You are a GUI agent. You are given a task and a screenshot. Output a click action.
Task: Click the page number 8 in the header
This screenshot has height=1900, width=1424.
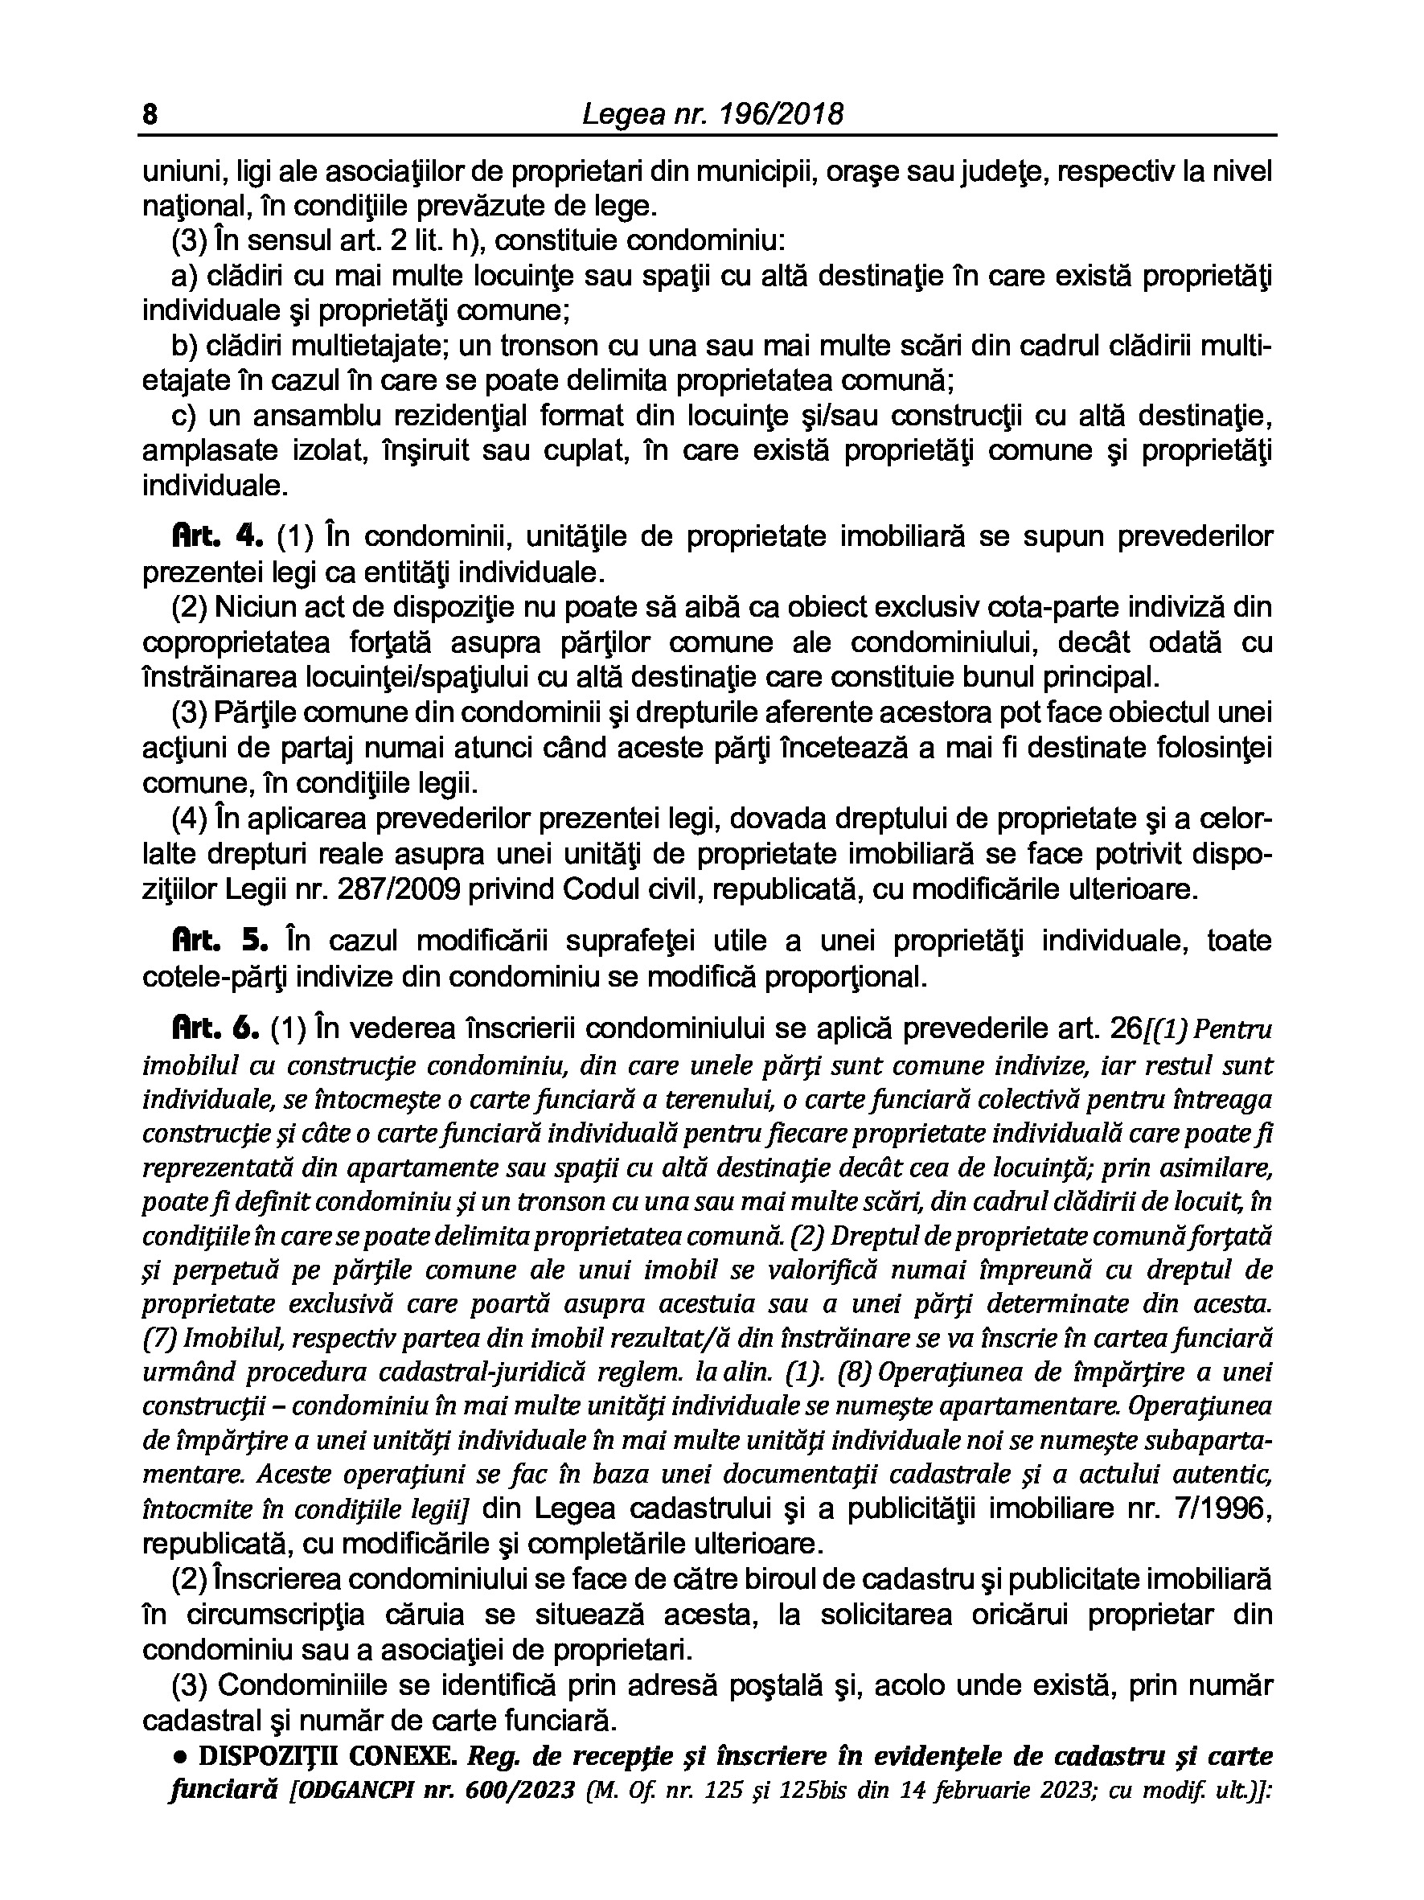[150, 115]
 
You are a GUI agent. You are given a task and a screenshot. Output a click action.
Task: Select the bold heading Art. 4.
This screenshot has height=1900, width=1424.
[215, 537]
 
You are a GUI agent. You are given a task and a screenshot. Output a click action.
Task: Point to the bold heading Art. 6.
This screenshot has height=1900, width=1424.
[215, 1028]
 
